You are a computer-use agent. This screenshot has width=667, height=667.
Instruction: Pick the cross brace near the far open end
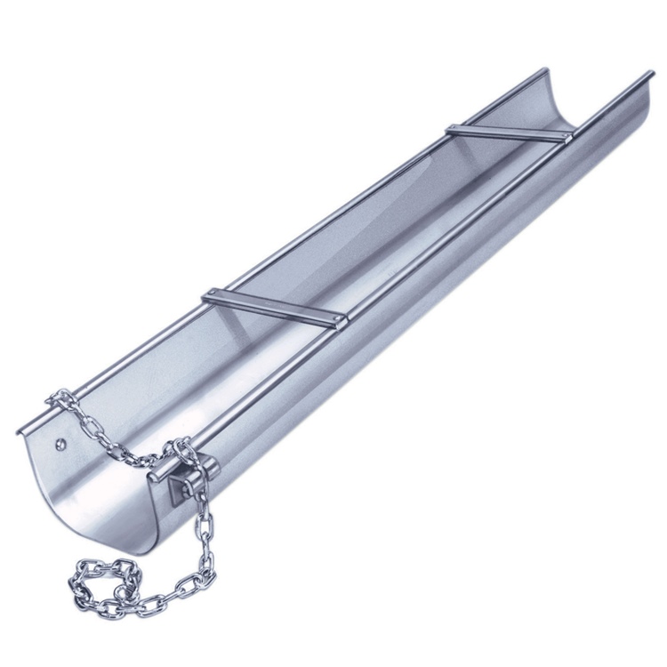pos(509,133)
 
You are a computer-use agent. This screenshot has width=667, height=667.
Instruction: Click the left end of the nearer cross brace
pos(211,293)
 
